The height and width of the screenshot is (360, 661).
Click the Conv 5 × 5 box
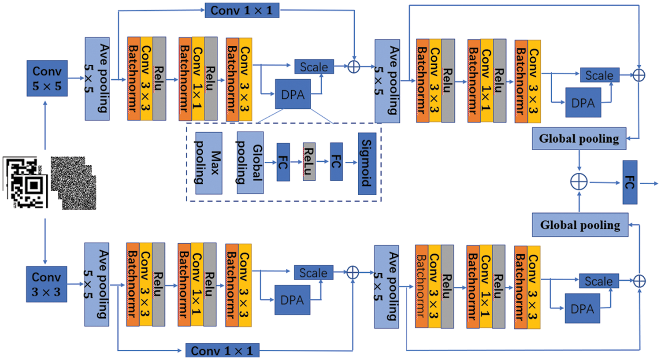pyautogui.click(x=47, y=78)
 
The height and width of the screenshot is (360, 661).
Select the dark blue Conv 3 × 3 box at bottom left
pyautogui.click(x=47, y=284)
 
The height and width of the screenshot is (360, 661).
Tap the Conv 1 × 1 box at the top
pyautogui.click(x=242, y=10)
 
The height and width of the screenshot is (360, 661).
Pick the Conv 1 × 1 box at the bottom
pyautogui.click(x=223, y=350)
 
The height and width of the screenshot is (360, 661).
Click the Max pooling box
pyautogui.click(x=209, y=163)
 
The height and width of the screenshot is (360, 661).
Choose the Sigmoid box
pyautogui.click(x=367, y=163)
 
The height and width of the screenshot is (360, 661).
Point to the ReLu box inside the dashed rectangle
pyautogui.click(x=309, y=162)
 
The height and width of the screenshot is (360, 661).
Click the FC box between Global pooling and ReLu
pyautogui.click(x=283, y=162)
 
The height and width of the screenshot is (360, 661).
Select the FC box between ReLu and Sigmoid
pyautogui.click(x=336, y=162)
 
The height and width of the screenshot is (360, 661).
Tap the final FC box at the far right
pyautogui.click(x=630, y=182)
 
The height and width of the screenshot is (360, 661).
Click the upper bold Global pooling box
pyautogui.click(x=579, y=139)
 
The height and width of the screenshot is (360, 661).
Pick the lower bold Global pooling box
pyautogui.click(x=580, y=225)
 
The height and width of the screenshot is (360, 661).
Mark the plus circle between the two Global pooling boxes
pyautogui.click(x=579, y=182)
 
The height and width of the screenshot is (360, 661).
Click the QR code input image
pyautogui.click(x=26, y=182)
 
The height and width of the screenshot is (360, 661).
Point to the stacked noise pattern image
pyautogui.click(x=74, y=183)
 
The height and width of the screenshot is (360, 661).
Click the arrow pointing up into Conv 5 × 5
pyautogui.click(x=45, y=126)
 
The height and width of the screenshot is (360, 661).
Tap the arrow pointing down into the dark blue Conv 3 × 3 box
pyautogui.click(x=45, y=241)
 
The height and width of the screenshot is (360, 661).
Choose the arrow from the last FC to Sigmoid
pyautogui.click(x=351, y=162)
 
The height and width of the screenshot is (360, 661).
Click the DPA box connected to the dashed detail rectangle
pyautogui.click(x=293, y=94)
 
